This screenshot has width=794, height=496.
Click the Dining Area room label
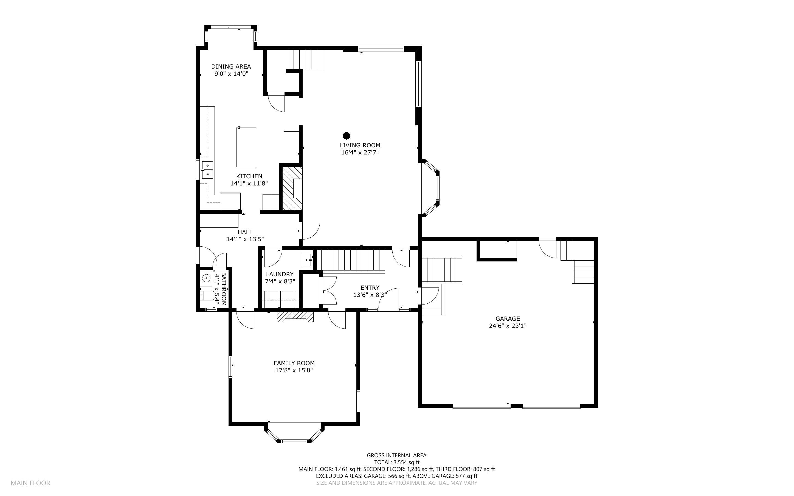pos(231,67)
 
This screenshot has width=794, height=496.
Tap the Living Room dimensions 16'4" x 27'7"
pos(360,152)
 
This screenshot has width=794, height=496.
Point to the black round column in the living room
pos(346,136)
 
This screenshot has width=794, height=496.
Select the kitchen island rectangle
pos(246,147)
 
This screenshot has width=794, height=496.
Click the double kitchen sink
pos(207,170)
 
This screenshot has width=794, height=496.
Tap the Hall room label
pos(245,232)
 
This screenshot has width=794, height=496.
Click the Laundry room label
pos(280,274)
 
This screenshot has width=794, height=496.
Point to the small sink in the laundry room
pos(307,260)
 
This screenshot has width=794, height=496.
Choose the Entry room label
pos(370,288)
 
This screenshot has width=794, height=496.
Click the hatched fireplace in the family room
pos(295,317)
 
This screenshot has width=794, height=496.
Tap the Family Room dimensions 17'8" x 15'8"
pos(294,370)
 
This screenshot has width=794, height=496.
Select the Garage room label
pos(508,319)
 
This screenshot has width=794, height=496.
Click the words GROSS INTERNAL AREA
pos(396,455)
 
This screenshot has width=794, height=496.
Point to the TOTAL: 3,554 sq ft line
pos(397,463)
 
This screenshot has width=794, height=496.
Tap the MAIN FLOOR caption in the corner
pos(30,483)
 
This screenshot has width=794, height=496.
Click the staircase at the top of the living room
pos(305,60)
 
